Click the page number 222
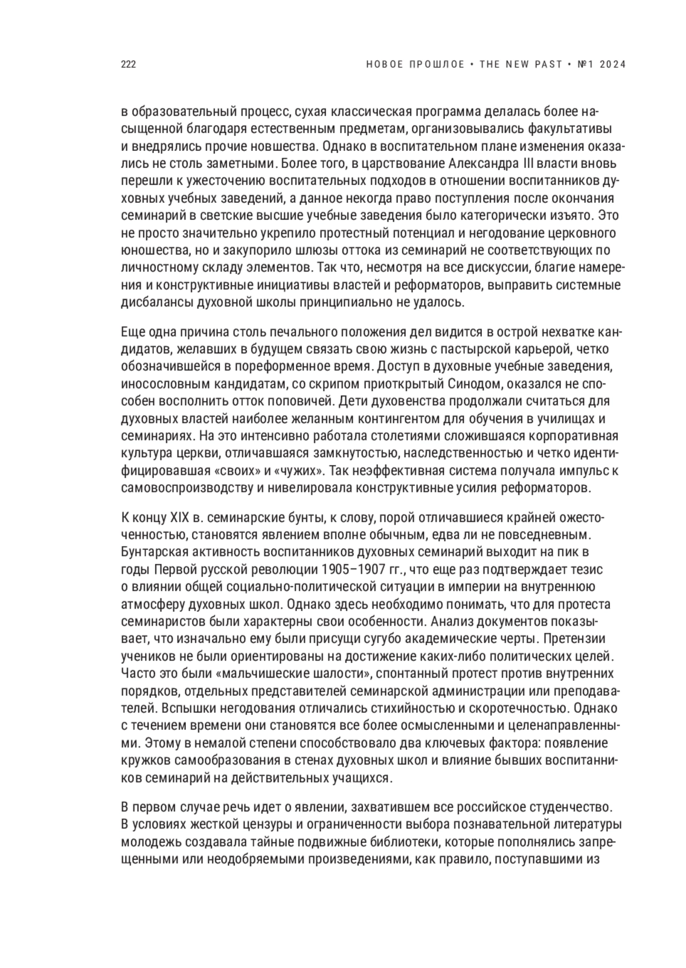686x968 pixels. [128, 65]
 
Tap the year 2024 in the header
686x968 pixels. [613, 65]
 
